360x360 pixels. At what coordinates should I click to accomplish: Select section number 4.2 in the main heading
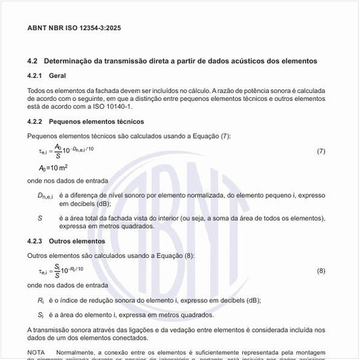tap(32, 61)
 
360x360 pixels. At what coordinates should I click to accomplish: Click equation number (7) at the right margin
tap(321, 151)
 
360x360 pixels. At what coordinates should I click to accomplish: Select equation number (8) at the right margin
tap(321, 270)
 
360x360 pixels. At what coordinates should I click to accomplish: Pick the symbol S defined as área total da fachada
tap(40, 218)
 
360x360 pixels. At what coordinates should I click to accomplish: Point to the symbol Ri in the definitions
tap(41, 300)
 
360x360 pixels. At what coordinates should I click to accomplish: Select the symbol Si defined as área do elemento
tap(41, 314)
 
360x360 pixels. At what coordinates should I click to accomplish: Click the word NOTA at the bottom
tap(36, 352)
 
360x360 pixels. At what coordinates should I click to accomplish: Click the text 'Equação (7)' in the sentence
tap(208, 135)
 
